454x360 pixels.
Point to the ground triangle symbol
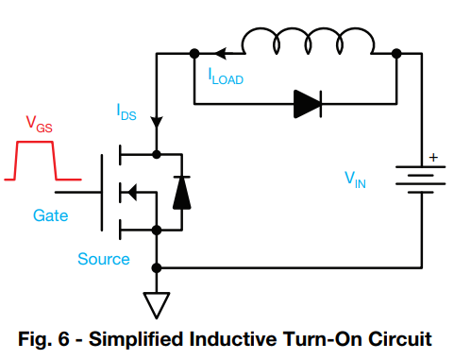157,303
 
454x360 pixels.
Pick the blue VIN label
355,178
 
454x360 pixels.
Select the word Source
104,258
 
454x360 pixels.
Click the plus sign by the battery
433,158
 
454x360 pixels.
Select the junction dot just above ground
157,268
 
